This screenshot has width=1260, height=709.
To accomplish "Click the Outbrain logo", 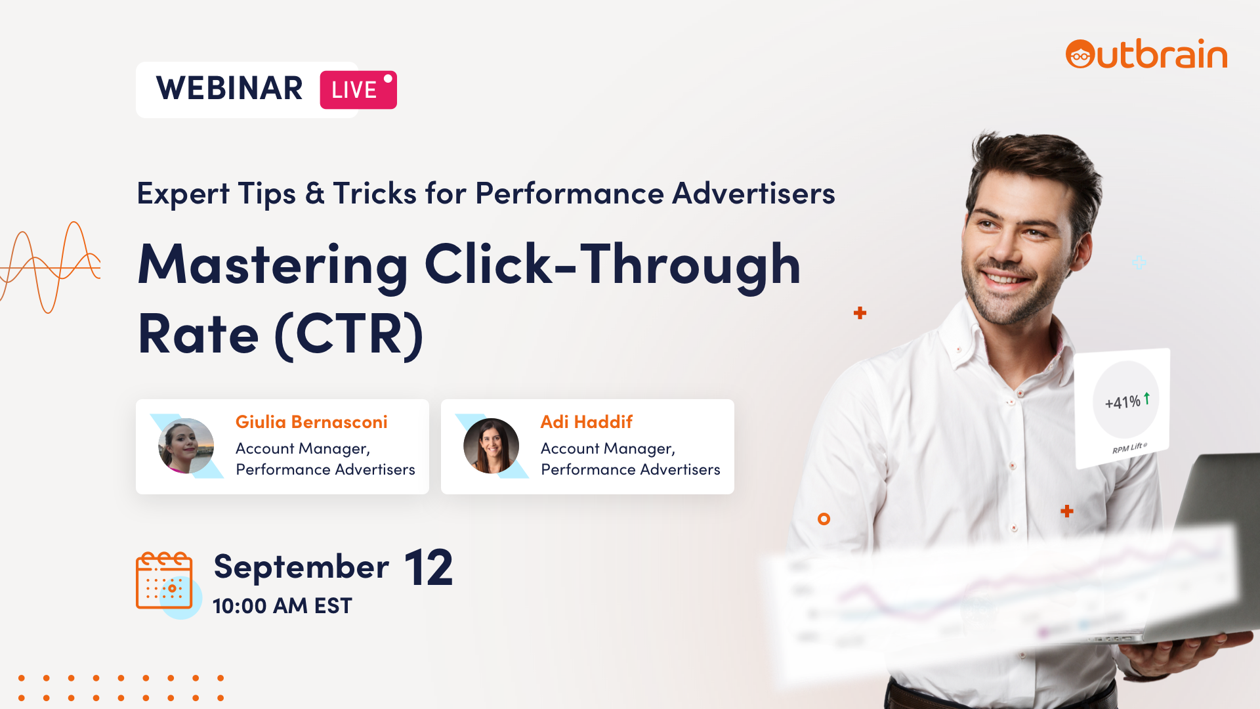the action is coord(1146,54).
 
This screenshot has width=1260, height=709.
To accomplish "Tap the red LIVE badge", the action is coord(358,90).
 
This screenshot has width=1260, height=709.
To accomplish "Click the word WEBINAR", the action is coord(230,89).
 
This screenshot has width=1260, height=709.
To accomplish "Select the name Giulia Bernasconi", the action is coord(312,421).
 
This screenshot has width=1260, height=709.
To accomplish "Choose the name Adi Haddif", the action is coord(587,421).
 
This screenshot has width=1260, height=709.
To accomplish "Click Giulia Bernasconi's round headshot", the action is coord(186,446).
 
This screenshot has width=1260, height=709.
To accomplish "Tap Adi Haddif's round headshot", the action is coord(492,446).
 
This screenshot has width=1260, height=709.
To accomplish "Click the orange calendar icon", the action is coord(164,580).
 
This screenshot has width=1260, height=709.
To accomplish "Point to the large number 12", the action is coord(429,568).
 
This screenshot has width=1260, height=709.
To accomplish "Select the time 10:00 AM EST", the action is coord(282,606).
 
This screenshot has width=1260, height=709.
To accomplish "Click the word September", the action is coord(302,567).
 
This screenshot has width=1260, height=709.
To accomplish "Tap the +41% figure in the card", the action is coord(1123,402).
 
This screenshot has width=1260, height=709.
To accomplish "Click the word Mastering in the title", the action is coord(273,265).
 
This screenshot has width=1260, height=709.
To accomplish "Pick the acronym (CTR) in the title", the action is coord(349,335).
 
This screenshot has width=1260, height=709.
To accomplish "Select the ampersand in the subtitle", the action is coord(315,193).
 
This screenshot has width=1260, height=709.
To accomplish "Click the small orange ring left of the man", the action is coord(824,519).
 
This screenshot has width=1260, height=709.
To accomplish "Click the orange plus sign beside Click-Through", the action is coord(860,313).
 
